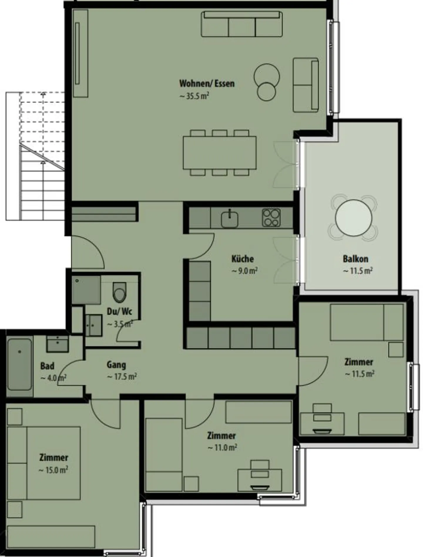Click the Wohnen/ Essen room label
207,83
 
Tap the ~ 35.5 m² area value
194,96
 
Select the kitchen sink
230,218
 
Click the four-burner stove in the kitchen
271,218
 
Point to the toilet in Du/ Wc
120,292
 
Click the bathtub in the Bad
19,364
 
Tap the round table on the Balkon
353,218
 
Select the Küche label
242,259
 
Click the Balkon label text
355,259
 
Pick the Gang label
116,365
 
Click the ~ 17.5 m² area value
122,377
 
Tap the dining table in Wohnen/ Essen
219,153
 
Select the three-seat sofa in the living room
241,24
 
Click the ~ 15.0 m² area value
53,470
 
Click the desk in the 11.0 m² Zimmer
259,480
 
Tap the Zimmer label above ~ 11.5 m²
359,362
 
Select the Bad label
47,366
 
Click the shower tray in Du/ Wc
86,290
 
